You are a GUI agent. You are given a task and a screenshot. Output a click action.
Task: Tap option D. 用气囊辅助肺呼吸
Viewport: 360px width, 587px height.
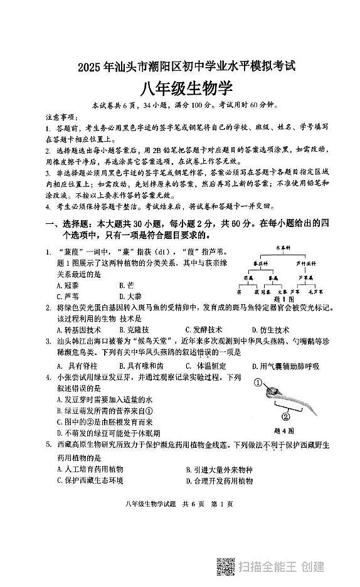pos(285,366)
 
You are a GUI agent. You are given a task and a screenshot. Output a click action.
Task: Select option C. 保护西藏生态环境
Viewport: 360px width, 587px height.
pos(90,480)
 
